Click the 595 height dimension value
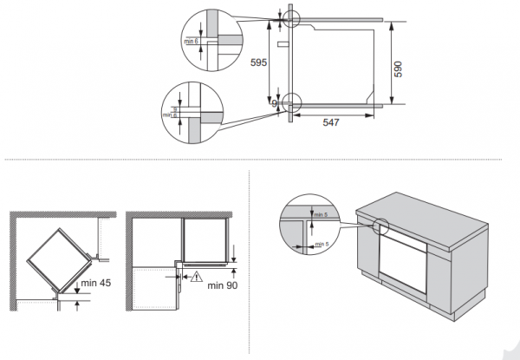coord(257,62)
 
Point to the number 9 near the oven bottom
coord(275,104)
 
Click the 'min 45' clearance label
coord(97,284)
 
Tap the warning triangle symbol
coord(197,279)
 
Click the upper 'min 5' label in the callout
coord(321,214)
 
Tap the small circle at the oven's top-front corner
coord(289,18)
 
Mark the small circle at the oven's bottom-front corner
coord(289,103)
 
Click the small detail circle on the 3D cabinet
coord(379,227)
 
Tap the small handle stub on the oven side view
coord(282,42)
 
